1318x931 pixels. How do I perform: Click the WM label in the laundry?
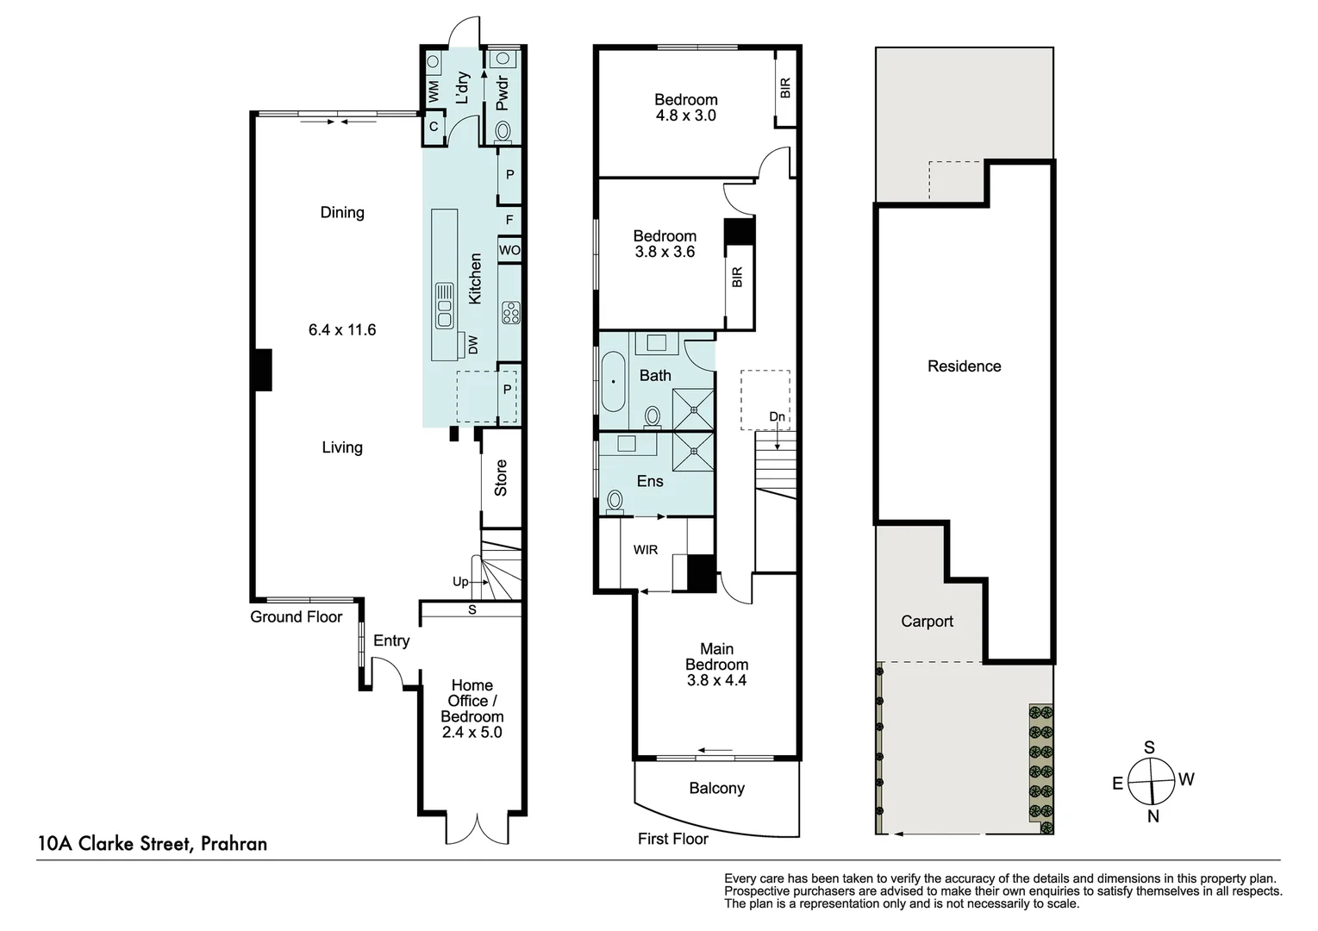434,91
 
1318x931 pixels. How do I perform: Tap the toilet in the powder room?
503,131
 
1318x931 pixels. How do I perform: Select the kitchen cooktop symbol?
510,313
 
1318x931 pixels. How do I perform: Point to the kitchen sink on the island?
444,305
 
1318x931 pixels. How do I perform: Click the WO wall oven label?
509,250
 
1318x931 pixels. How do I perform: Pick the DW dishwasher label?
473,345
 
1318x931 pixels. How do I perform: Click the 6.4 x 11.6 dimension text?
342,329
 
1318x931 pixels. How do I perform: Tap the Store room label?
500,478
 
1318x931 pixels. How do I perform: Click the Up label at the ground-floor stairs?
460,581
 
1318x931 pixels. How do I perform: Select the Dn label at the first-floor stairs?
778,416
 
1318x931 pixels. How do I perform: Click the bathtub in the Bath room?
613,382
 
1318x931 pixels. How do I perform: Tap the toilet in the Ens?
615,503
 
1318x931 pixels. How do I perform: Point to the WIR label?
646,550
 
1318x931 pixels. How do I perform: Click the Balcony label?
716,788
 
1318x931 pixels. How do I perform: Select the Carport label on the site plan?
927,621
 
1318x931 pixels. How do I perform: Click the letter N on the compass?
1152,816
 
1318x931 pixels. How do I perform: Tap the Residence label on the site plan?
964,366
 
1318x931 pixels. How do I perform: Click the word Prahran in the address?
234,843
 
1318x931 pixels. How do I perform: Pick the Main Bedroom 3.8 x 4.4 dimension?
716,680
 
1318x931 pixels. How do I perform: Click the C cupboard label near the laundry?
434,127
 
